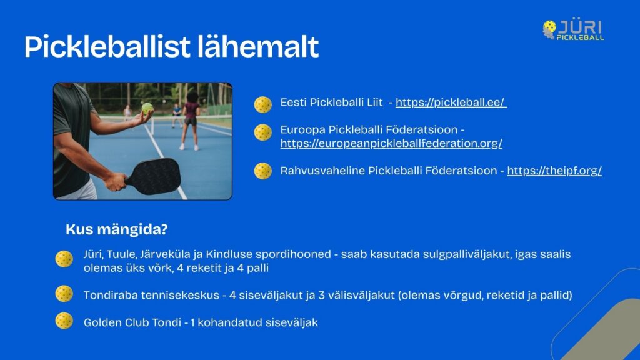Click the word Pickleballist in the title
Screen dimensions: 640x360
(107, 47)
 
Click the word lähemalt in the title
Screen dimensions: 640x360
(258, 46)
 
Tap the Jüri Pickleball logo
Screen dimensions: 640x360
(573, 29)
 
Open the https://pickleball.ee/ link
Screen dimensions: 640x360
(451, 102)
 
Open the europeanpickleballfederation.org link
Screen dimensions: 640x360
(391, 143)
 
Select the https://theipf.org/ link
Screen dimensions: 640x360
(554, 171)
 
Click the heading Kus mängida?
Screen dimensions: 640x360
(117, 229)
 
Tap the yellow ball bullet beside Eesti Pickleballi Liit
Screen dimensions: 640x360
(263, 104)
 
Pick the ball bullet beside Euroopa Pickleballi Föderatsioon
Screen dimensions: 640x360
(263, 132)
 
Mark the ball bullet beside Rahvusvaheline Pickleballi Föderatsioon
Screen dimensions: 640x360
(263, 171)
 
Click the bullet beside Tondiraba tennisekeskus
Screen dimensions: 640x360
(64, 294)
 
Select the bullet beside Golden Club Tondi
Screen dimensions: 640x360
(64, 321)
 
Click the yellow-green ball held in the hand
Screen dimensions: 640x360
(147, 108)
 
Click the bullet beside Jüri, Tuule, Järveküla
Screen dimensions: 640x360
(64, 259)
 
